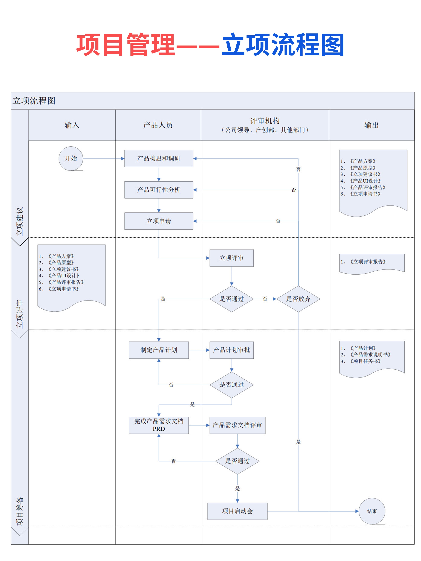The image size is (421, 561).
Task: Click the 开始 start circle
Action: [x=71, y=158]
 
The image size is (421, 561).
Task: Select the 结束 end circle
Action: [x=372, y=511]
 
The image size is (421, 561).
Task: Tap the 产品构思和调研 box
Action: [x=159, y=158]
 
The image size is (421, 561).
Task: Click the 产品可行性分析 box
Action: [x=159, y=190]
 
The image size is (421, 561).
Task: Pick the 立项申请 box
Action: [x=159, y=221]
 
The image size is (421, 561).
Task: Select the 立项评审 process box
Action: [x=231, y=258]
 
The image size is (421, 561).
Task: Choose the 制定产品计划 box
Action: [x=159, y=350]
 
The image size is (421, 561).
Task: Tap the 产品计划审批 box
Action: [x=231, y=350]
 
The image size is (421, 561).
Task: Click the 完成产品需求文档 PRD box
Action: [x=159, y=425]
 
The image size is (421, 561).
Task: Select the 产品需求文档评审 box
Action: [x=237, y=425]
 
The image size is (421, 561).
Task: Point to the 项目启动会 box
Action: [x=237, y=511]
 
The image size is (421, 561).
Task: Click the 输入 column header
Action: [x=72, y=125]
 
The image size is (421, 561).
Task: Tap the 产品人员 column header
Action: [x=158, y=125]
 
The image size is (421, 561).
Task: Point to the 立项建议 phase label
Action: [x=20, y=221]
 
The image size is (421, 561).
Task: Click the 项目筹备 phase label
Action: [x=20, y=511]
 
